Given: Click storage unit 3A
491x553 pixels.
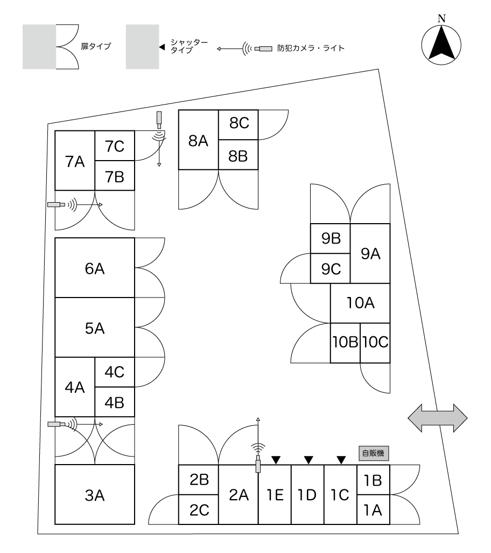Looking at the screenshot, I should click(95, 494).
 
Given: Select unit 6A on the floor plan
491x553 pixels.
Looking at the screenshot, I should click(95, 268).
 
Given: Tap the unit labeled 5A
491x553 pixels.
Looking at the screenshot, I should click(95, 327).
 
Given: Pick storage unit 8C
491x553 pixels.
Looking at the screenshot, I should click(238, 123).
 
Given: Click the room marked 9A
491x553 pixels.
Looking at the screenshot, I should click(370, 253).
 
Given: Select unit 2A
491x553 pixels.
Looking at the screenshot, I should click(239, 494).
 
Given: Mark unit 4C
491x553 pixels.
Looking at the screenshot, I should click(115, 372).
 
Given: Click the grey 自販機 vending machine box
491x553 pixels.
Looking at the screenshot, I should click(373, 453).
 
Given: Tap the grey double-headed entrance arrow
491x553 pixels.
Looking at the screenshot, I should click(438, 418).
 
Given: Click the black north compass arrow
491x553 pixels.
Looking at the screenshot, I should click(441, 45).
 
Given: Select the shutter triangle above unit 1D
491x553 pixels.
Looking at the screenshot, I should click(308, 460).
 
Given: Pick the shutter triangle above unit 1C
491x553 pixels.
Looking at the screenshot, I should click(341, 460).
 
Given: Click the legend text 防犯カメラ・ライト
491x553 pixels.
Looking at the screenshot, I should click(310, 49).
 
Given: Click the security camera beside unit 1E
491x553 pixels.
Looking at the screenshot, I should click(258, 464).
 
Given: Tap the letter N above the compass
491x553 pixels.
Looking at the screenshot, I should click(441, 18).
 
